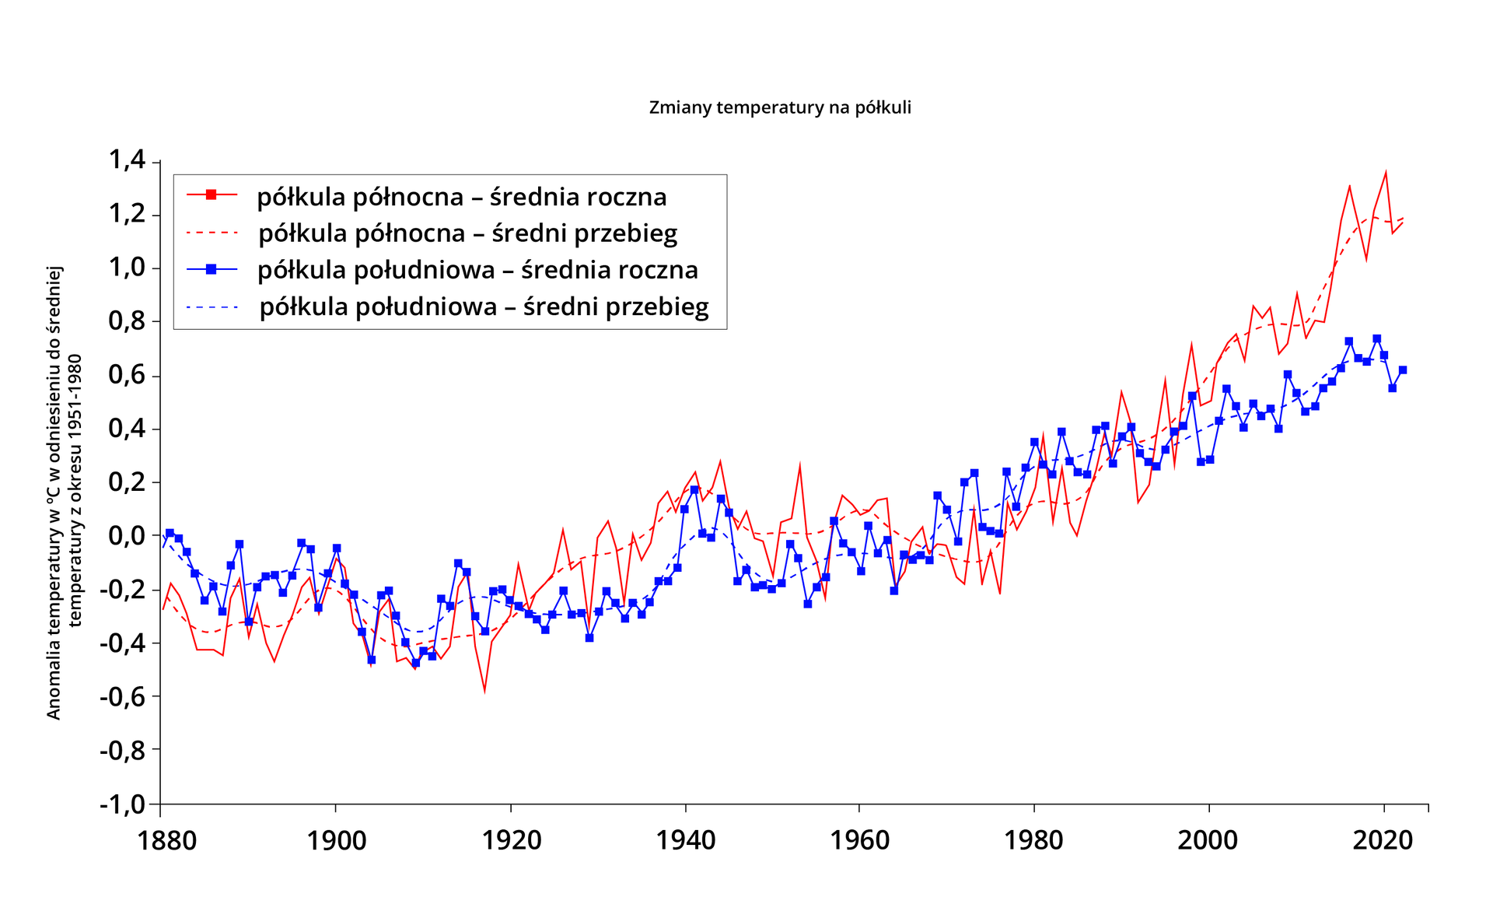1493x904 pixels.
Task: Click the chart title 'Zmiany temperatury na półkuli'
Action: click(780, 107)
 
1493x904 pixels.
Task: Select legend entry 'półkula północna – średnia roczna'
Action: click(462, 197)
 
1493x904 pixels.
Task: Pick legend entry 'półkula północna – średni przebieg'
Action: click(467, 233)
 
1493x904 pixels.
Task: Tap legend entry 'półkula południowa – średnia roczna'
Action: click(477, 270)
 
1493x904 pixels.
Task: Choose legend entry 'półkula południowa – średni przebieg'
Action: click(484, 307)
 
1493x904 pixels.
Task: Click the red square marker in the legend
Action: click(211, 194)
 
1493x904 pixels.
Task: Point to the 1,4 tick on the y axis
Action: click(128, 160)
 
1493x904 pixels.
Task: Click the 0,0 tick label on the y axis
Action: click(128, 535)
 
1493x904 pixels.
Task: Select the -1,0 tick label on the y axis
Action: click(124, 804)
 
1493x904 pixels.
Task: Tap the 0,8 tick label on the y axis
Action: click(128, 321)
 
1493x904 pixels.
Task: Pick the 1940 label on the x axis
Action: click(685, 840)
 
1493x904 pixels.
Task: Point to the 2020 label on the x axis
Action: click(1383, 840)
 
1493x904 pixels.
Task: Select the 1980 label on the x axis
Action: click(1033, 840)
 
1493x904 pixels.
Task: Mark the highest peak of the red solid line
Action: click(1386, 172)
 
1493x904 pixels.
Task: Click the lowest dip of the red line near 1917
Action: click(484, 691)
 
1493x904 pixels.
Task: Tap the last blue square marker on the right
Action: click(1403, 370)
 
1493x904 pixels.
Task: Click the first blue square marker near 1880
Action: click(170, 533)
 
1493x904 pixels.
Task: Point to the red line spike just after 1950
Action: click(799, 466)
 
